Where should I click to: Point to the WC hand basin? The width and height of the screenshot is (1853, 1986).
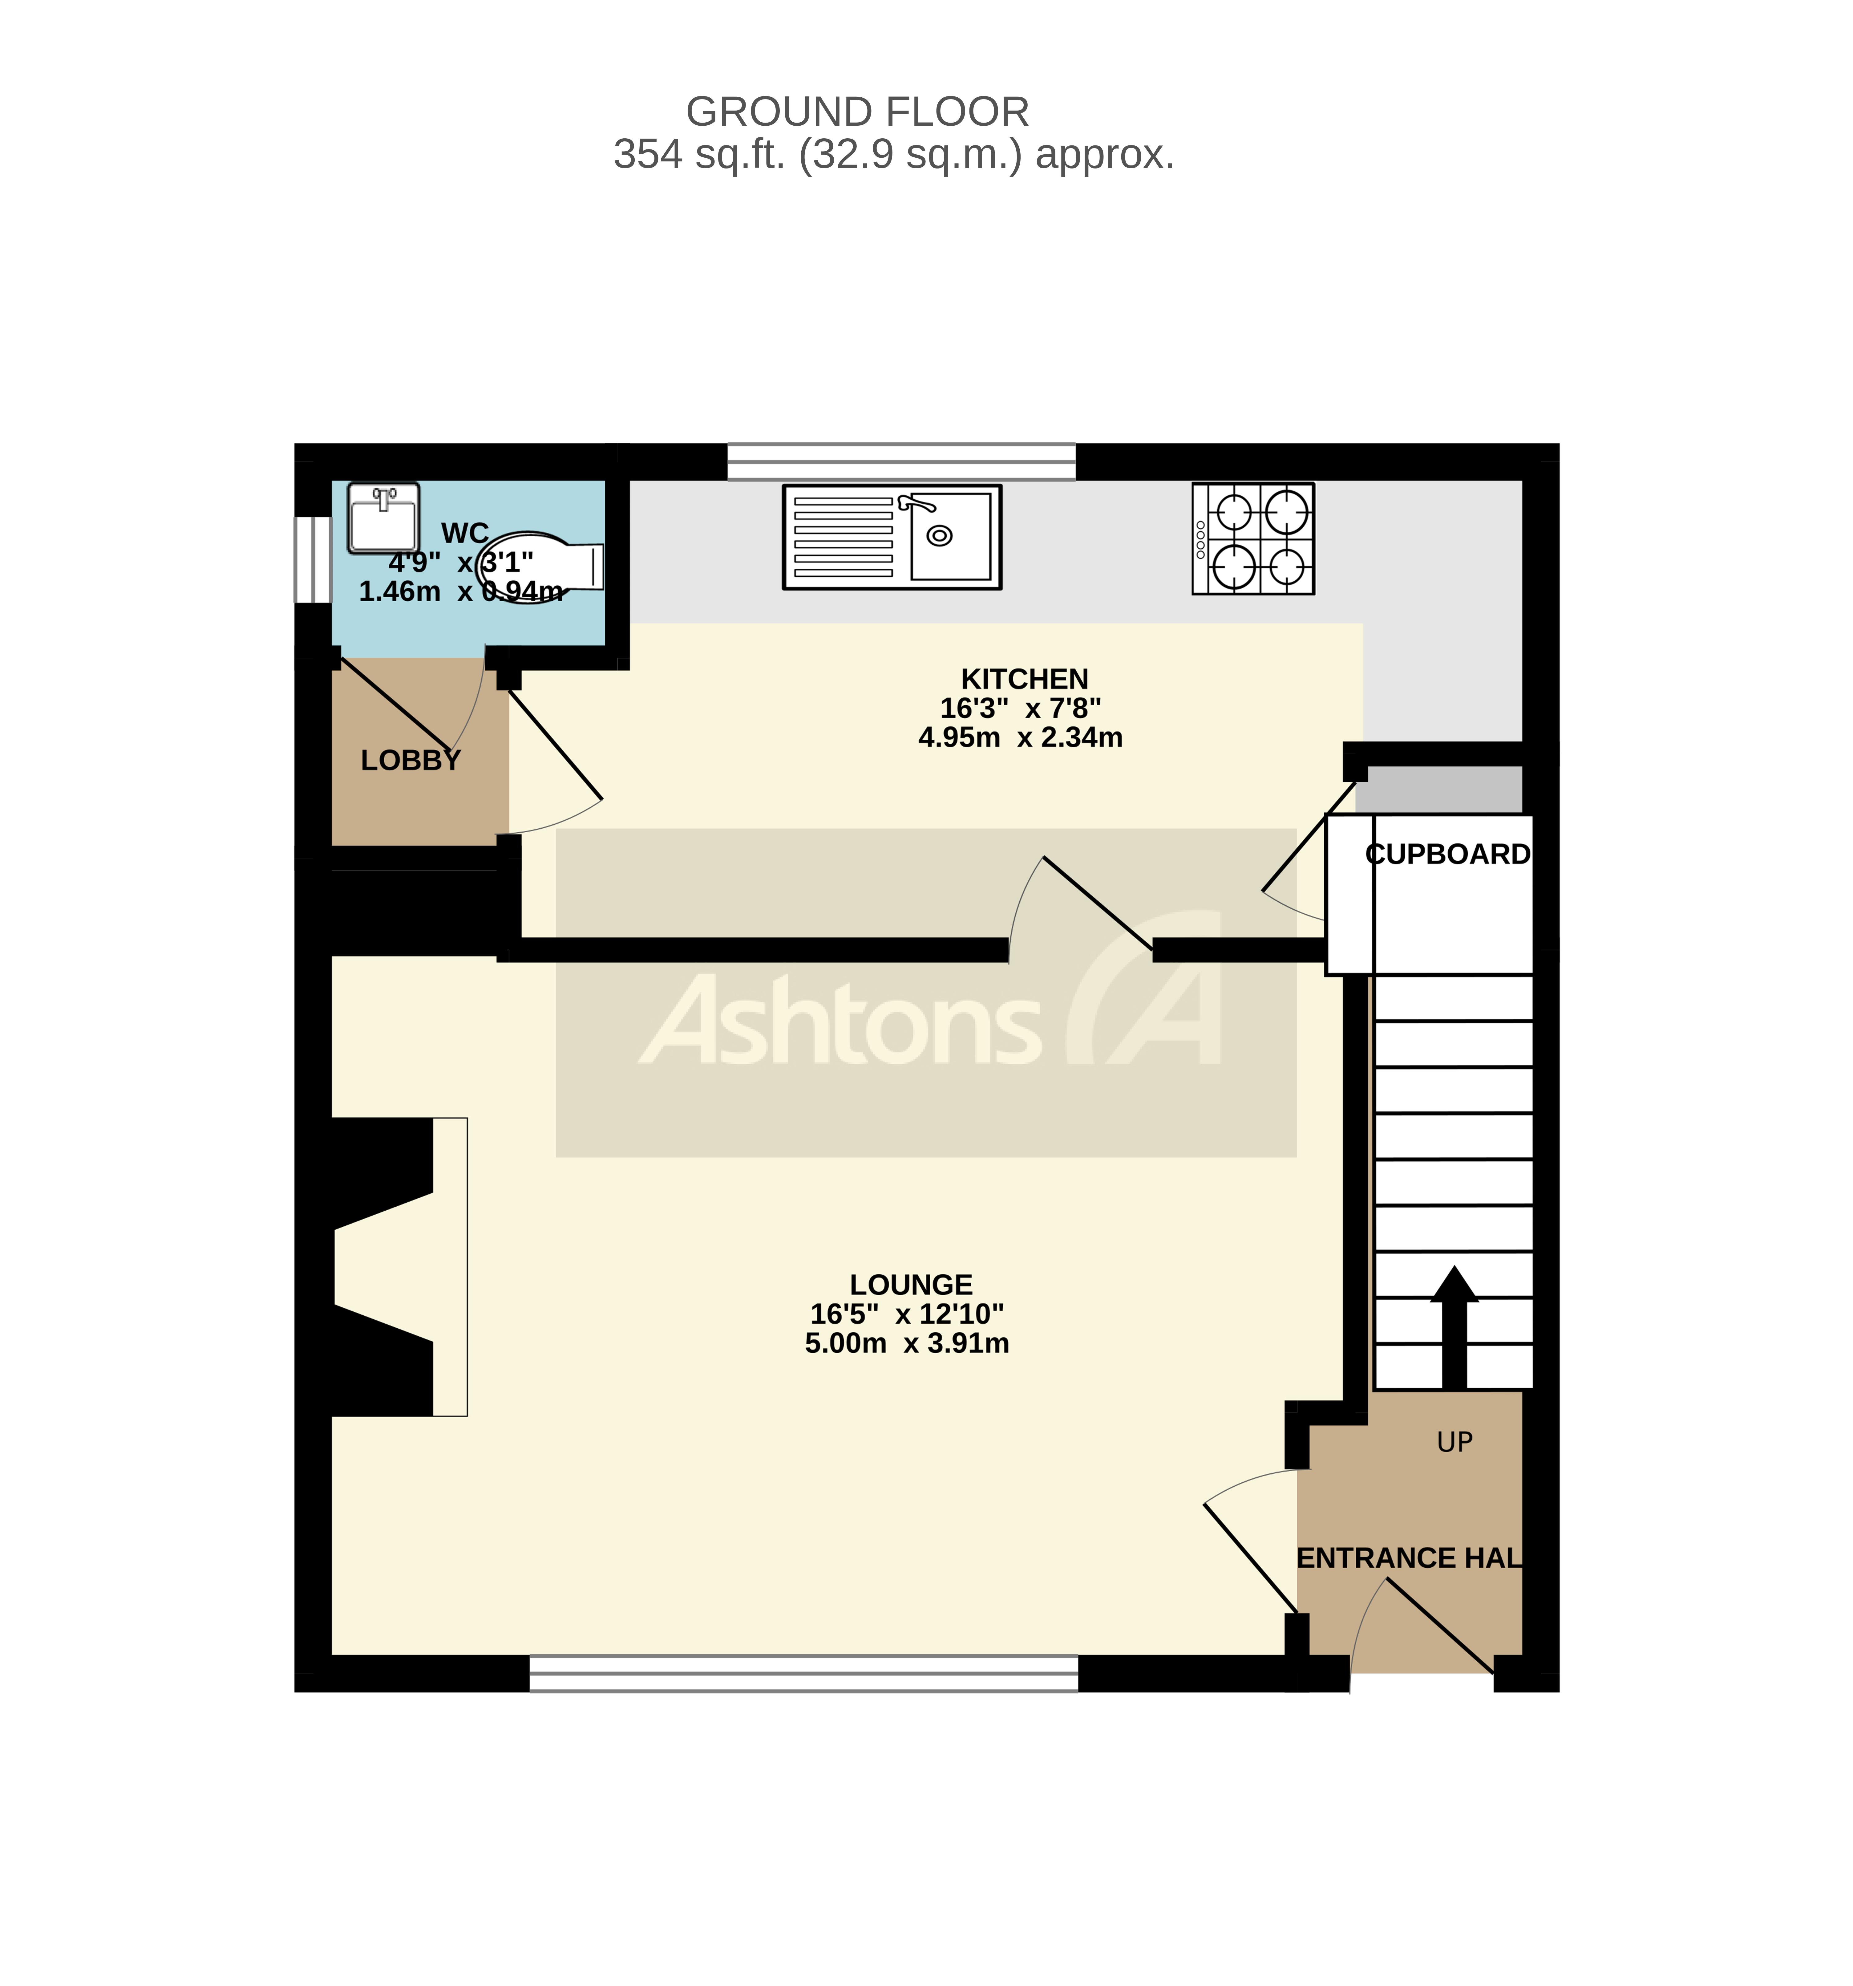click(x=382, y=518)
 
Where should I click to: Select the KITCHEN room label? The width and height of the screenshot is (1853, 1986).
click(x=1024, y=679)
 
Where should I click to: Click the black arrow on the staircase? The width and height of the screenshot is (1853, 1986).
click(x=1454, y=1329)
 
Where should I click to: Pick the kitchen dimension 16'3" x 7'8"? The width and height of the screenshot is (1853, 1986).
click(x=1020, y=708)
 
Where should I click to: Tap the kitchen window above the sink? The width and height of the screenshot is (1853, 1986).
click(x=901, y=461)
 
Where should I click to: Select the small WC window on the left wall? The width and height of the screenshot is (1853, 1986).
click(x=313, y=559)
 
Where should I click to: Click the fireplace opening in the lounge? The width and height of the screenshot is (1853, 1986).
click(x=385, y=1267)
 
